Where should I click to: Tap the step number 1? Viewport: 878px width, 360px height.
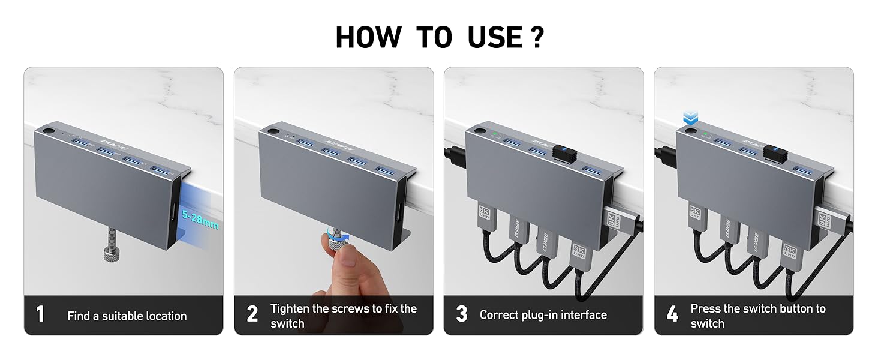click(40, 314)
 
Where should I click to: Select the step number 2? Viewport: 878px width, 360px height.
click(252, 314)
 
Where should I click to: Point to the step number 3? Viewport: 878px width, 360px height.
click(461, 314)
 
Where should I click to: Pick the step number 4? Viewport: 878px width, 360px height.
click(672, 314)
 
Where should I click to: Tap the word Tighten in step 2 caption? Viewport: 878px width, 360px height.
click(293, 308)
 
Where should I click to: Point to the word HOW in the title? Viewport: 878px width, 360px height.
click(368, 38)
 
